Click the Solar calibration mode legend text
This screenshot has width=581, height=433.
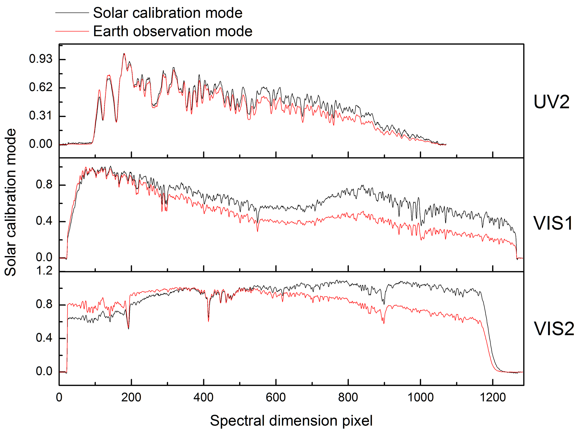[x=168, y=13]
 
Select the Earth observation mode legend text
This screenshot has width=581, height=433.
[x=173, y=31]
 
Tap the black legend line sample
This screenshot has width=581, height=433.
[x=72, y=13]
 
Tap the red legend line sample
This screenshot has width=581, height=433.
[x=72, y=31]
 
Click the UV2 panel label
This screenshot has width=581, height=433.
[x=551, y=102]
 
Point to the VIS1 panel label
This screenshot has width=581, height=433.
[x=553, y=223]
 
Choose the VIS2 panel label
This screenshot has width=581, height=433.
[x=554, y=328]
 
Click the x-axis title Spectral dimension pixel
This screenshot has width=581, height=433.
[x=291, y=421]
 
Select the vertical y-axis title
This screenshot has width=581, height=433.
[x=11, y=202]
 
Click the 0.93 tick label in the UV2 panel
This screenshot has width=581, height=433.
[x=41, y=59]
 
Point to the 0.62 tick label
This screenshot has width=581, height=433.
[x=41, y=87]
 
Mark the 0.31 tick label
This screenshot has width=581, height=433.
[x=41, y=115]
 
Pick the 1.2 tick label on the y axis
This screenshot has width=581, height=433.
[x=44, y=271]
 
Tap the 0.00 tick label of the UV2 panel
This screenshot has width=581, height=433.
[x=41, y=144]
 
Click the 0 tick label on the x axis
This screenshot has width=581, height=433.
[x=59, y=397]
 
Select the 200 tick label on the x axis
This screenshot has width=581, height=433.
[x=131, y=397]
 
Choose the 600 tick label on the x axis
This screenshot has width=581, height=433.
[x=276, y=397]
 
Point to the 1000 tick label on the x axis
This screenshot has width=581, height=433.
[x=420, y=397]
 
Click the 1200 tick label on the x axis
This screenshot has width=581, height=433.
[x=492, y=397]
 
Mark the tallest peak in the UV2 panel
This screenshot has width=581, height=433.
[x=124, y=54]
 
